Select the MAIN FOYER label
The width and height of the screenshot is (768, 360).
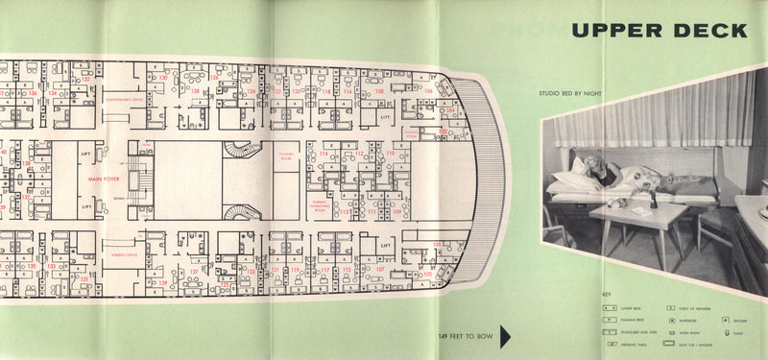pos(108,179)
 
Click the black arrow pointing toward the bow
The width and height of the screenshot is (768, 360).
pos(505,336)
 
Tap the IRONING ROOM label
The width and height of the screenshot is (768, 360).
pos(412,133)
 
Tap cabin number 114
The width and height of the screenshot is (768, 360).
pos(323,154)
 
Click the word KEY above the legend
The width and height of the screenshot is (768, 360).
pos(607,294)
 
